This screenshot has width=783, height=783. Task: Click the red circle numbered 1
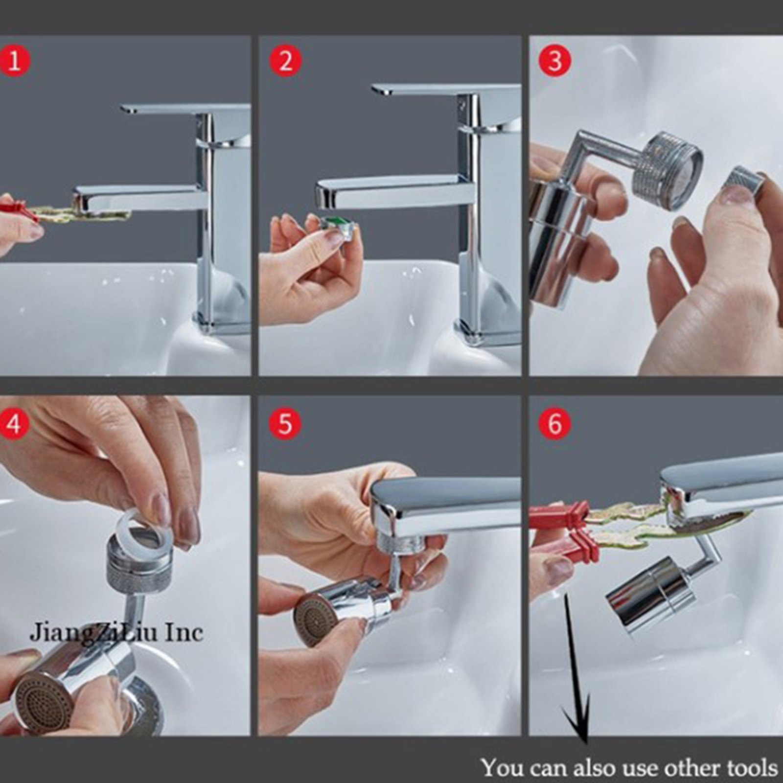pos(15,61)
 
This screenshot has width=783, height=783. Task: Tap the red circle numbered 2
pos(285,61)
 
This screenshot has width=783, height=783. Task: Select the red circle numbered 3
pos(555,61)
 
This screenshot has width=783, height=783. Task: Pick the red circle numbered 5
pos(285,423)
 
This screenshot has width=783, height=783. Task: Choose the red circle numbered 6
pos(555,423)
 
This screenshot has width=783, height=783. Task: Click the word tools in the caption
pos(752,767)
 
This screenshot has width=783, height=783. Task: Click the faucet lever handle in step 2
pos(445,90)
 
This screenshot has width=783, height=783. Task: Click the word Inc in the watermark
pos(184,632)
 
